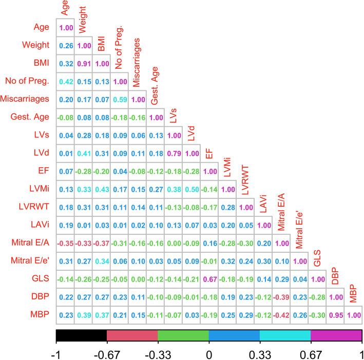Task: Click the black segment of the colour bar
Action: coord(81,335)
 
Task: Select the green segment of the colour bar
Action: coord(183,335)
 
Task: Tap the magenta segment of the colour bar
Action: coord(336,335)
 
